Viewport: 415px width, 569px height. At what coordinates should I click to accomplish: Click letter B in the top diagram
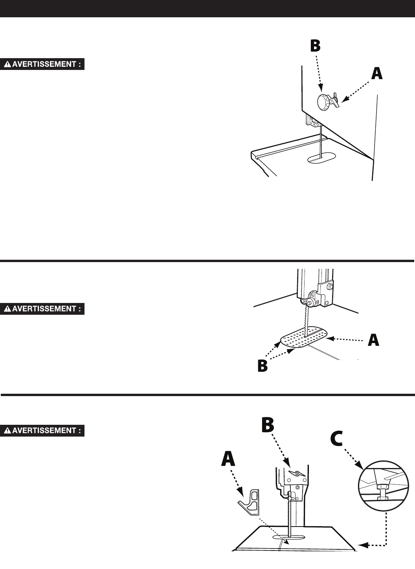315,46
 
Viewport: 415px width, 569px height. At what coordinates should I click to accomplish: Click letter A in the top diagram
376,73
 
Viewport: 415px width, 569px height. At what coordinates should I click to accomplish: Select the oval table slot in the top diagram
321,158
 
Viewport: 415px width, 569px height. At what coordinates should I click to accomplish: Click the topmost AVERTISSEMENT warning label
44,64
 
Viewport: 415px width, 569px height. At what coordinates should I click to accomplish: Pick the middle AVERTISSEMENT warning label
44,309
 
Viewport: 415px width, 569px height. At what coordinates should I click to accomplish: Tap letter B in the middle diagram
262,366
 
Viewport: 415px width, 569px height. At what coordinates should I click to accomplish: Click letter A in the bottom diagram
228,459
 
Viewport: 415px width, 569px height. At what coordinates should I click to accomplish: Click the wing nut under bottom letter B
297,474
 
